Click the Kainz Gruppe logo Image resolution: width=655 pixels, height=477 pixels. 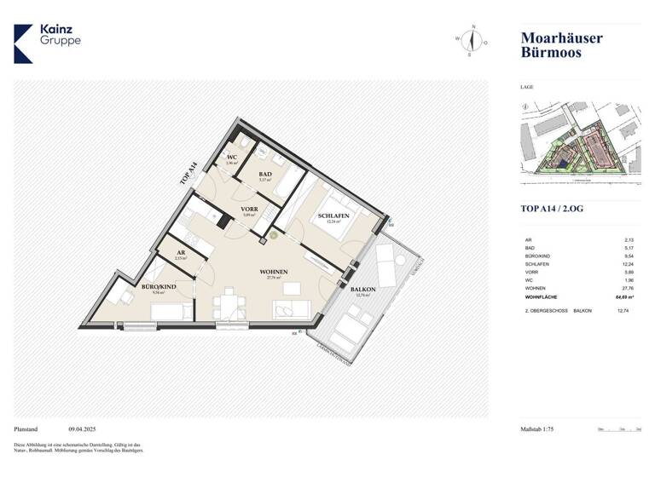click(48, 42)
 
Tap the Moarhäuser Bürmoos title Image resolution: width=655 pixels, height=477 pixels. click(561, 44)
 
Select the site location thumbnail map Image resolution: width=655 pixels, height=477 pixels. click(580, 141)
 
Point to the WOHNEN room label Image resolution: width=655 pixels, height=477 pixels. click(275, 272)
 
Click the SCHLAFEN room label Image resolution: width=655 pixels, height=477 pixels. click(333, 217)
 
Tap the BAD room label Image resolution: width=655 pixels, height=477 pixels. click(265, 175)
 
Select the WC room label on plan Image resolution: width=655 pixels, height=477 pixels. click(231, 158)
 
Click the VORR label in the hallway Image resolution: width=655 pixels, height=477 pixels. click(249, 210)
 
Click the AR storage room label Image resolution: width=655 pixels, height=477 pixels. click(181, 254)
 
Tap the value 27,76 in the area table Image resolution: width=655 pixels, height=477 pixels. click(629, 289)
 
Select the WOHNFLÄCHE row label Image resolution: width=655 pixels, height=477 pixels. click(540, 297)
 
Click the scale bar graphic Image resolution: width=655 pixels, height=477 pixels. click(619, 430)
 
